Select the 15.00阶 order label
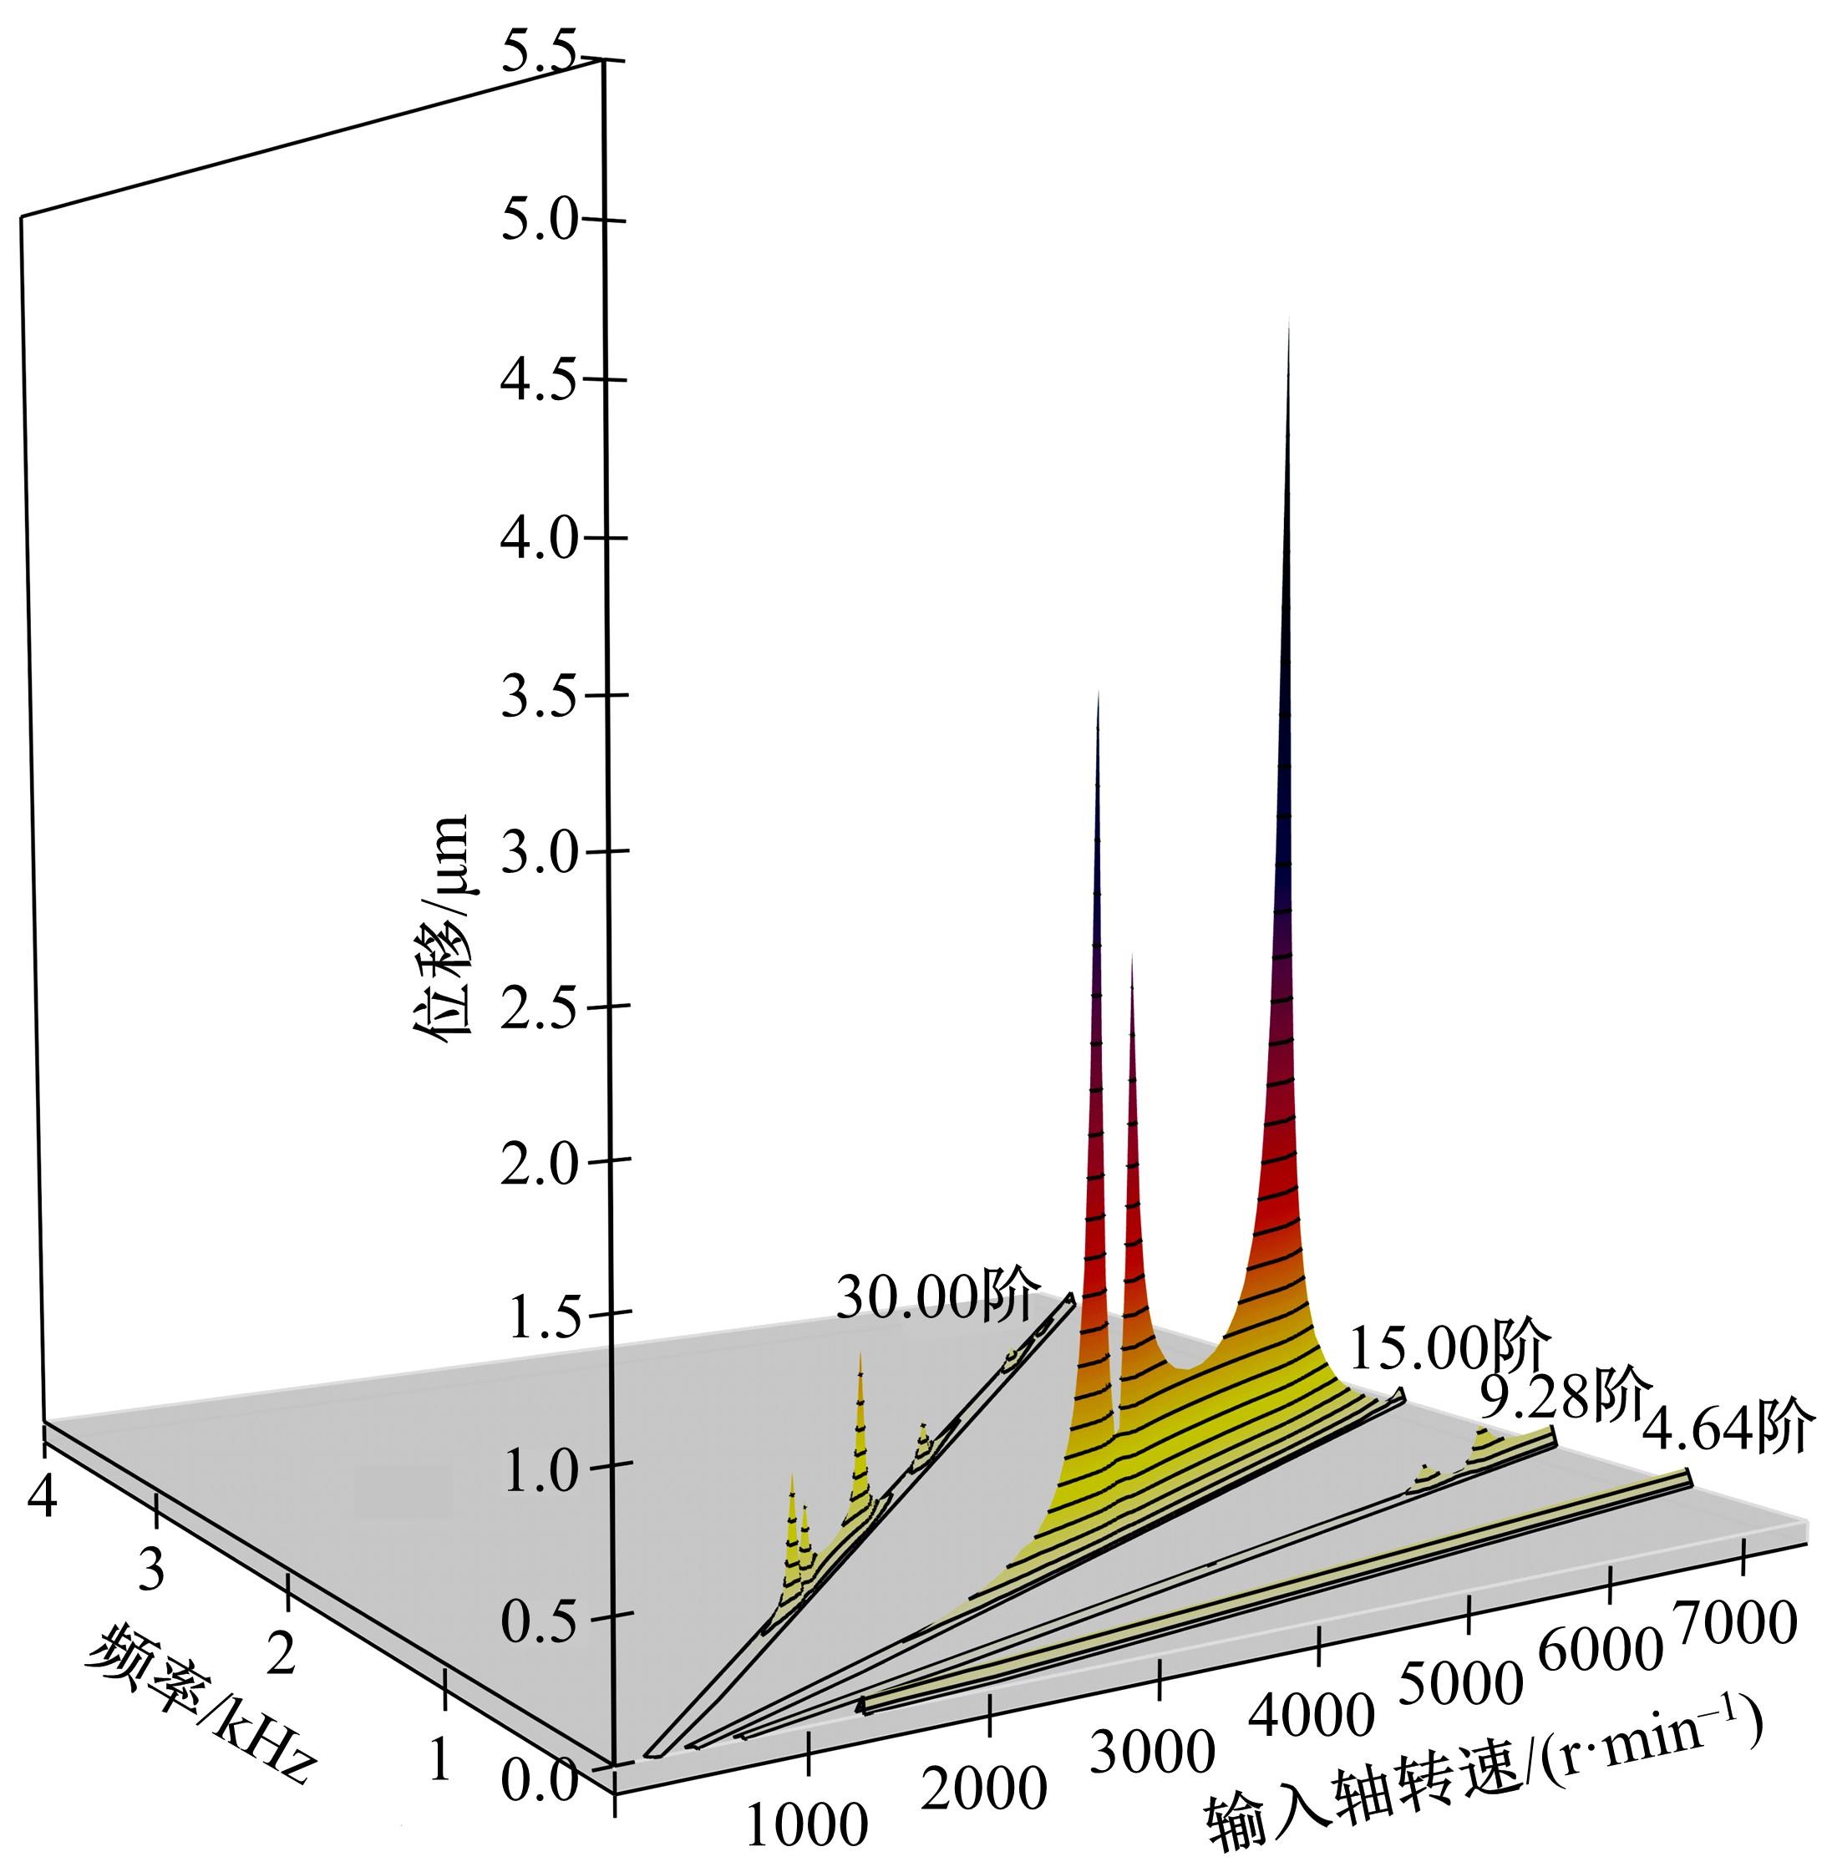1449,1350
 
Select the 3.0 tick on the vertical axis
540,851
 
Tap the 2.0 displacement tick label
540,1163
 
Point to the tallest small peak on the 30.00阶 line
860,1356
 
